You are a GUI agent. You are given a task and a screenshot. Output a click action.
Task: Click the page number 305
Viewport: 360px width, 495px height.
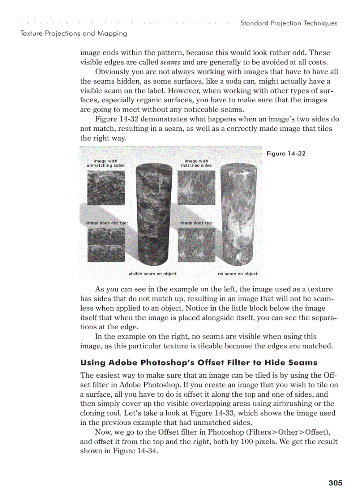pos(335,483)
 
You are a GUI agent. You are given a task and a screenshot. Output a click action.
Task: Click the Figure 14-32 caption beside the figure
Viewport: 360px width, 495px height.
pos(286,153)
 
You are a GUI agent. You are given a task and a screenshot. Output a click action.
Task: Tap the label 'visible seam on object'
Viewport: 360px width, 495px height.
pos(152,274)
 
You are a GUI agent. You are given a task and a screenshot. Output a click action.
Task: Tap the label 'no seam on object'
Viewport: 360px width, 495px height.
pos(238,274)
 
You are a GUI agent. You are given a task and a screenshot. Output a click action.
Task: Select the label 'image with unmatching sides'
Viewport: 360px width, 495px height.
pos(105,164)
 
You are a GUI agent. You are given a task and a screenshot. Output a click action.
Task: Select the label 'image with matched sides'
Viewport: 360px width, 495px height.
pos(196,164)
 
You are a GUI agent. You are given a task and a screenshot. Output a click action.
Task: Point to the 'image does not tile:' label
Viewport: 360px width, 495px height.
pos(106,223)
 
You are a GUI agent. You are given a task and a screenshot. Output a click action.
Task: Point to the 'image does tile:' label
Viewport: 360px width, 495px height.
pos(196,223)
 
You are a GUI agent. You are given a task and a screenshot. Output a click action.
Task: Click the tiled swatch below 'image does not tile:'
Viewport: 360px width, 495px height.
pos(106,245)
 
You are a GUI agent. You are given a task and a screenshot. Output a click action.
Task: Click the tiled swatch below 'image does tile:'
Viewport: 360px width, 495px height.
pos(196,245)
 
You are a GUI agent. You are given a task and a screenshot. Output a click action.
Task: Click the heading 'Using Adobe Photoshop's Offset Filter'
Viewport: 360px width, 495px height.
pos(199,363)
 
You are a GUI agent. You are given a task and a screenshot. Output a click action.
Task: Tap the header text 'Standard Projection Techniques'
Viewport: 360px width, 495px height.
pos(289,23)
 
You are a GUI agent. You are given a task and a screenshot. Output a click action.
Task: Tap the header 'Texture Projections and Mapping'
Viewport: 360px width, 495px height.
pos(74,33)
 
